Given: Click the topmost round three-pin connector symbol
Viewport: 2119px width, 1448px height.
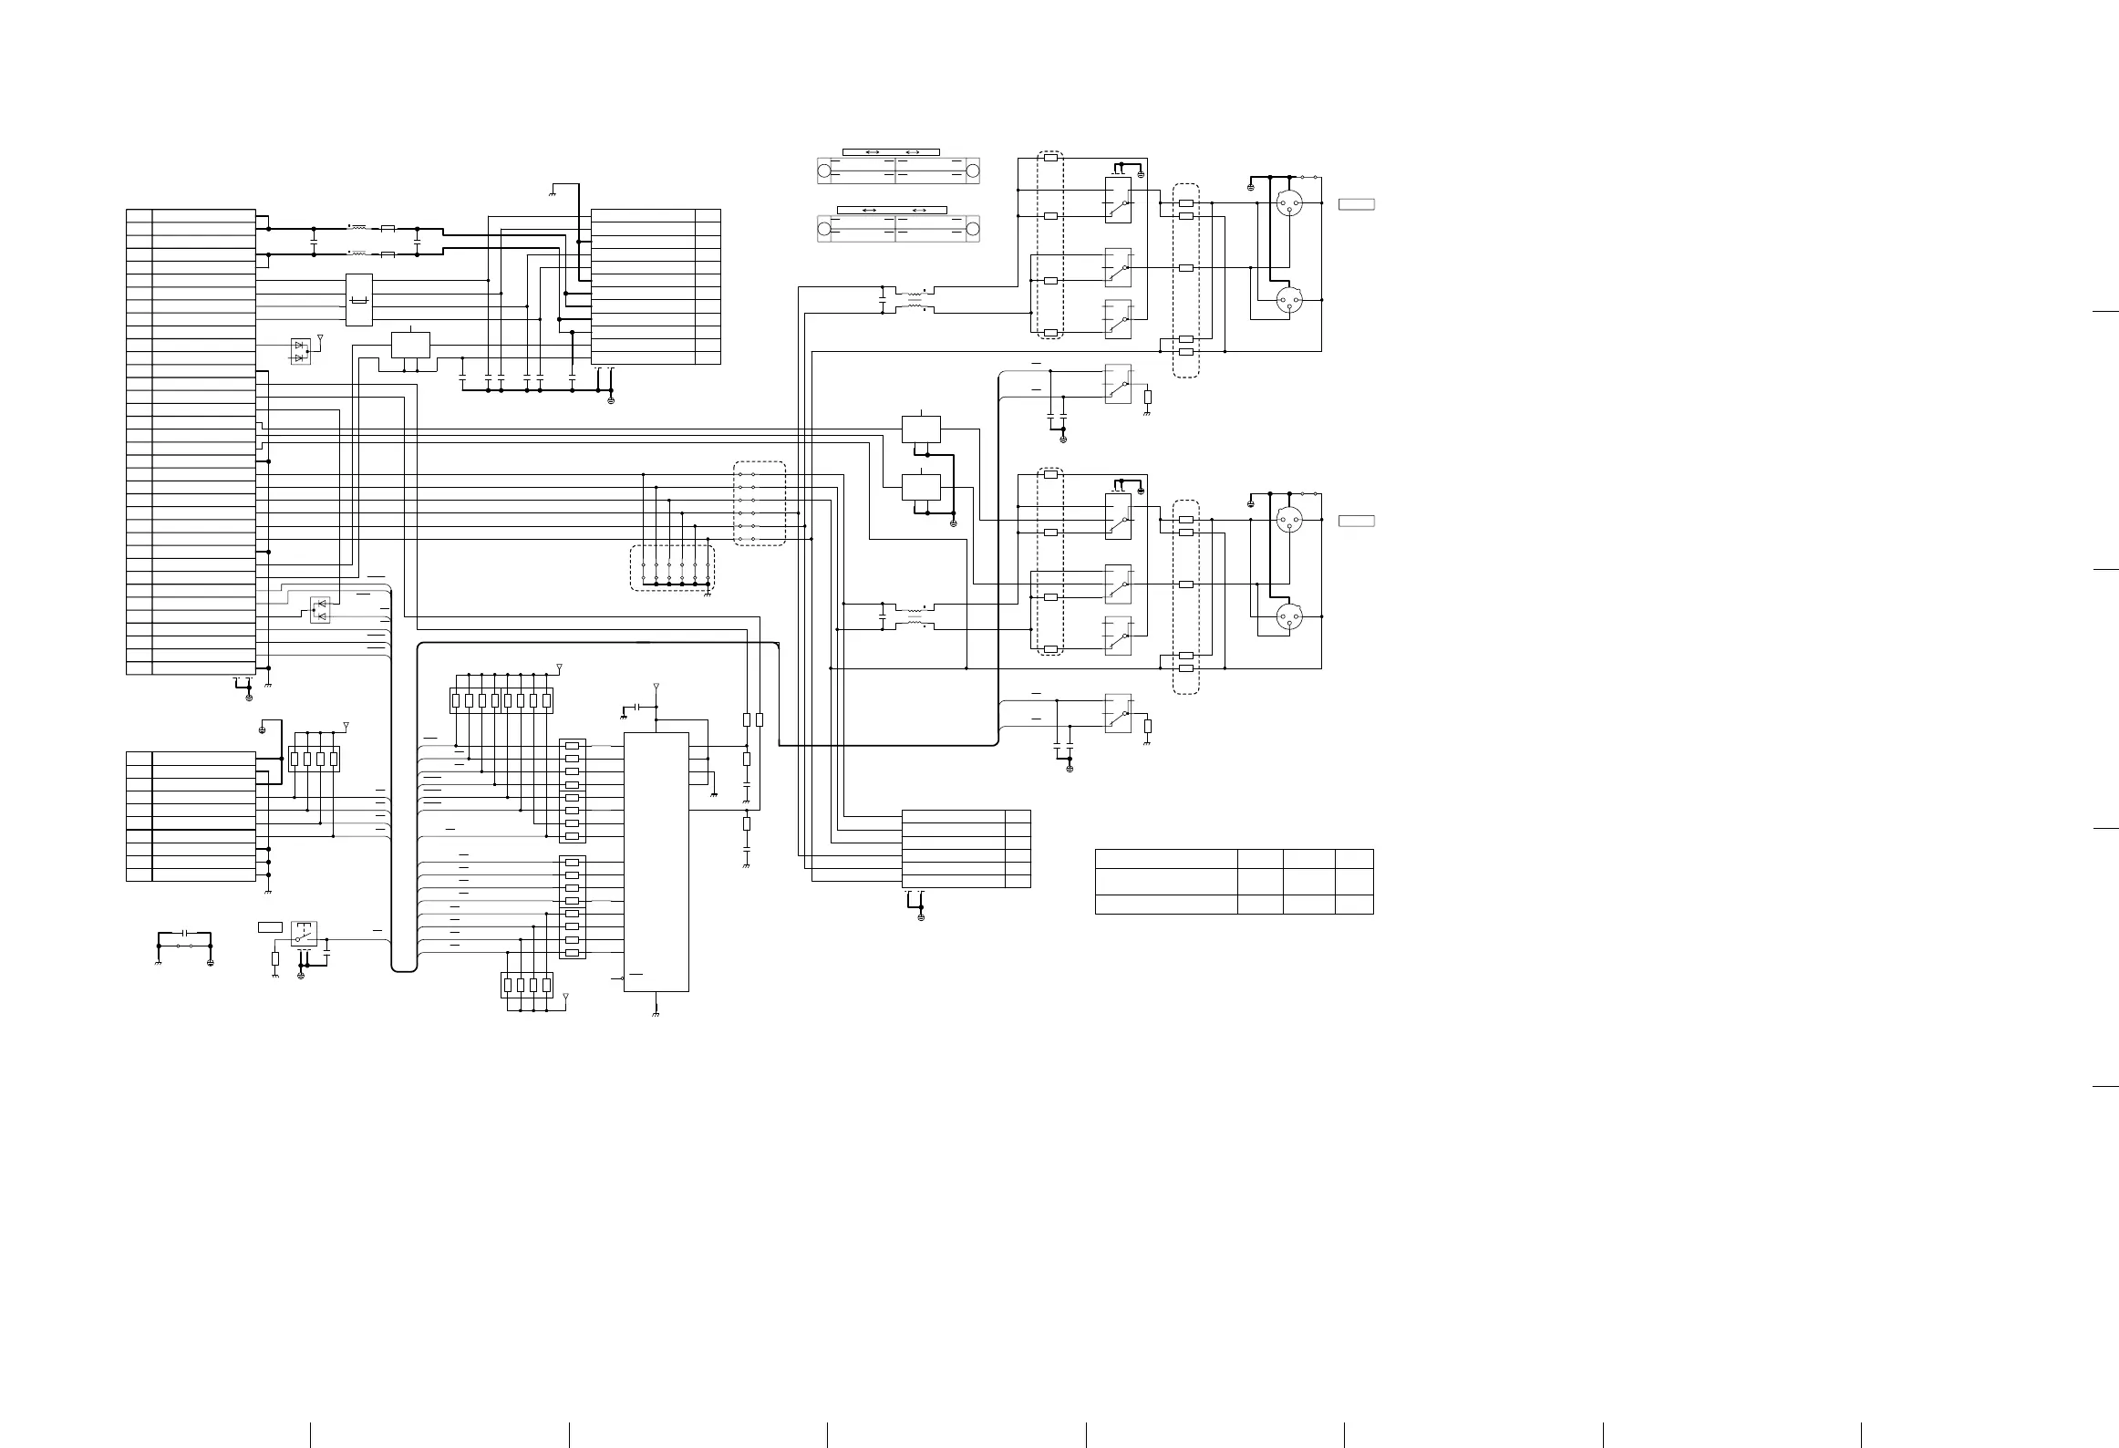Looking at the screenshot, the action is click(x=1289, y=202).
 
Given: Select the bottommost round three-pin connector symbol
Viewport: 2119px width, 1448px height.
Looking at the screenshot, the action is click(x=1289, y=617).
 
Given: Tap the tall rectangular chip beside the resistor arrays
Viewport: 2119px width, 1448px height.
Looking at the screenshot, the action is click(x=656, y=861).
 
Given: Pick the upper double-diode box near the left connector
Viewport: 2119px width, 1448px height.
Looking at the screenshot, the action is click(x=300, y=351).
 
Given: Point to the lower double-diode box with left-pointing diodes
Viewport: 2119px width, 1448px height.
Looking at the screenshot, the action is click(x=320, y=610).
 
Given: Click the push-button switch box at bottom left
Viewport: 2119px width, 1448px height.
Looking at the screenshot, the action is click(x=304, y=933).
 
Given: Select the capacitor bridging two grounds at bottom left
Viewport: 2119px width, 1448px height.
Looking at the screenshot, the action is click(x=185, y=934).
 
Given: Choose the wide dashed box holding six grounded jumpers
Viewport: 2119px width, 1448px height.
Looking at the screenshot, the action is click(x=673, y=568).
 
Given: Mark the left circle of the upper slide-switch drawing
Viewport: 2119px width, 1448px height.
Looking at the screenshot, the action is click(x=824, y=171).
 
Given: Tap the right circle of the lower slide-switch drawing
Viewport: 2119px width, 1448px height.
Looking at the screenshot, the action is click(x=972, y=229).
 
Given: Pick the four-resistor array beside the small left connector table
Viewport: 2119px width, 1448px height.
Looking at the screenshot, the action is click(x=314, y=759).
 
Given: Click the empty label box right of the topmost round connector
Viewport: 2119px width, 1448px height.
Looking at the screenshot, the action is click(x=1356, y=203).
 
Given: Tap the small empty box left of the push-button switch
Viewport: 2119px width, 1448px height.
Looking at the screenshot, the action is click(x=270, y=927).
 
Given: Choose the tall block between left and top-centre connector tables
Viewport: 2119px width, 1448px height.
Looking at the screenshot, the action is click(x=359, y=300).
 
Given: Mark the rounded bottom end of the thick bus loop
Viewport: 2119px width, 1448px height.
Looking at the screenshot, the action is click(x=404, y=969).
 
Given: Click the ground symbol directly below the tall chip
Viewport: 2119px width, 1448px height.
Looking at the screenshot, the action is click(x=656, y=1012).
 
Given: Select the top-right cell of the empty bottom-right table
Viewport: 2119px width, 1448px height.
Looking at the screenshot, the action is click(x=1354, y=858).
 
